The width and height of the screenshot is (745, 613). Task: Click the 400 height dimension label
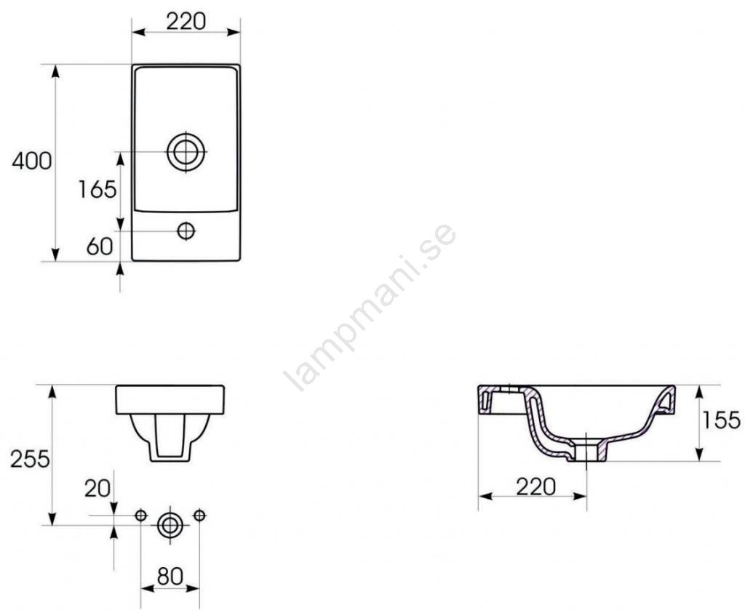tap(32, 161)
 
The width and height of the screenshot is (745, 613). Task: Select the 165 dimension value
tap(97, 190)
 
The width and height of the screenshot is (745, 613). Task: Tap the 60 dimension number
tap(100, 246)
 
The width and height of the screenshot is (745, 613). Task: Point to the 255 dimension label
tap(30, 459)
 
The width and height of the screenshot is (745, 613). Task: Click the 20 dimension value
tap(97, 488)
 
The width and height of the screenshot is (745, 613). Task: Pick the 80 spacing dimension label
tap(170, 576)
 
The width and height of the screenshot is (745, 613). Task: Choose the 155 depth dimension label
tap(721, 420)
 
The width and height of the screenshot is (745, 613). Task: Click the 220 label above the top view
tap(186, 21)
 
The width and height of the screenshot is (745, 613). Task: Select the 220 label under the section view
tap(535, 486)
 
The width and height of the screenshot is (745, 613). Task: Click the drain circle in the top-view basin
tap(186, 152)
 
